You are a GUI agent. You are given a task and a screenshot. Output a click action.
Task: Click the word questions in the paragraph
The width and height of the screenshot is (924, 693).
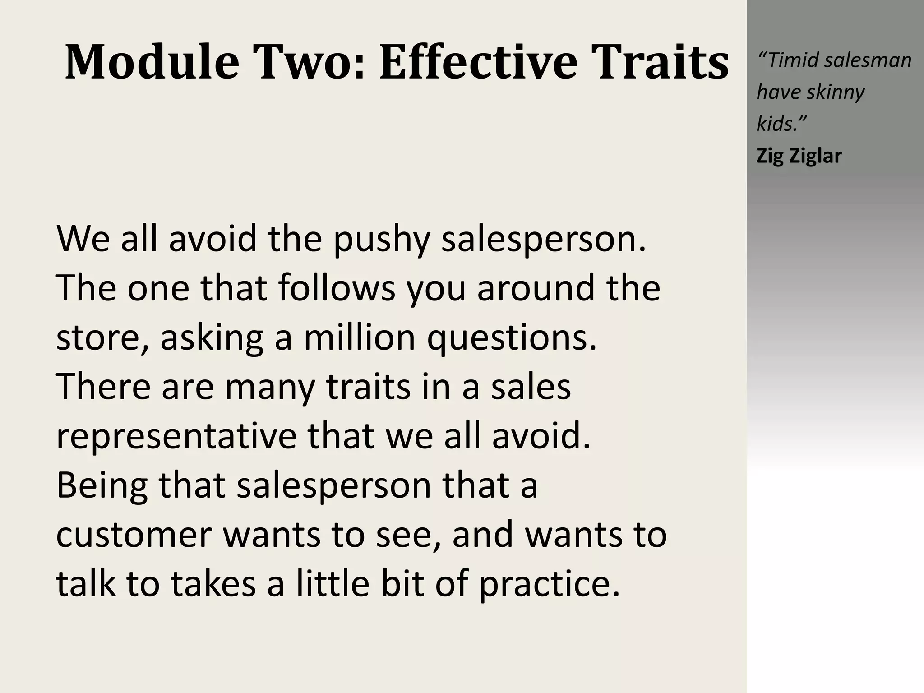(x=512, y=338)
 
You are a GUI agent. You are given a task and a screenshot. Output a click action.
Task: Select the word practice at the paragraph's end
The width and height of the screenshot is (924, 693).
(x=549, y=584)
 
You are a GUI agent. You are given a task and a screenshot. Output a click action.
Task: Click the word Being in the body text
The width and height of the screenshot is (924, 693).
(x=102, y=486)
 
